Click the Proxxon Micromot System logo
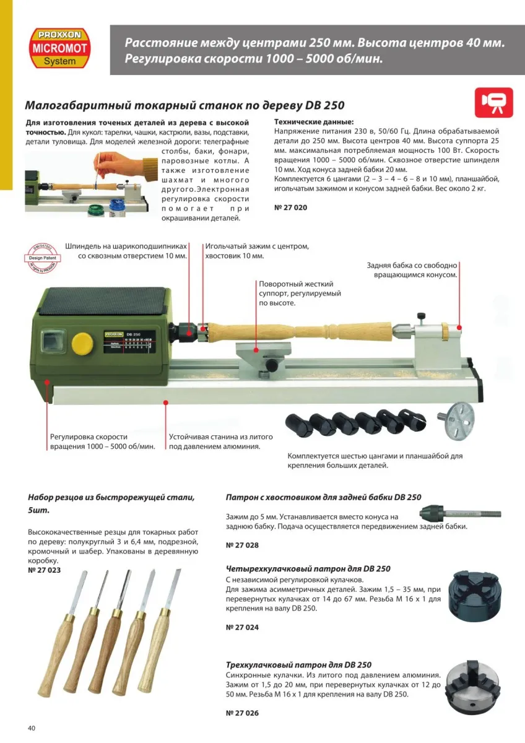(59, 48)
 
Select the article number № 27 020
(290, 207)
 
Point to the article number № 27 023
(45, 570)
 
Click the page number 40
(32, 728)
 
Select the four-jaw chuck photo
(480, 596)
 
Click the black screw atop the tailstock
(422, 317)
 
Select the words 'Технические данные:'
(313, 122)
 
